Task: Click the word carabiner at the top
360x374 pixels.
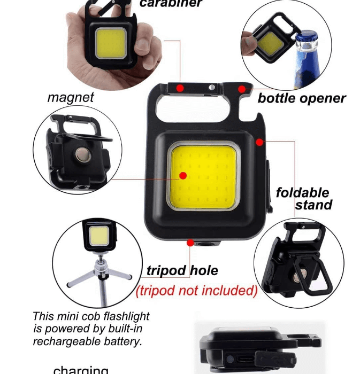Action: point(171,3)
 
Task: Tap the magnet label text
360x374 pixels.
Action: point(71,97)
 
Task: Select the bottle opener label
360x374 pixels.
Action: point(302,98)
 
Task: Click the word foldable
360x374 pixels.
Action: point(302,192)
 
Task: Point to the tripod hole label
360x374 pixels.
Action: point(182,270)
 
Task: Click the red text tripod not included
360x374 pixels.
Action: point(196,291)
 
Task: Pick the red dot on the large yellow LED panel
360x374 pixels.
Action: point(182,175)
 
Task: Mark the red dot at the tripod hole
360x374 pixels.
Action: point(190,242)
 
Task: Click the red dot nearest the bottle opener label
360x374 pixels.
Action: point(242,89)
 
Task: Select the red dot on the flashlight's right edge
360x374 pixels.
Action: point(259,142)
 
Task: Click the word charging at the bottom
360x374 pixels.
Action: point(81,370)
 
